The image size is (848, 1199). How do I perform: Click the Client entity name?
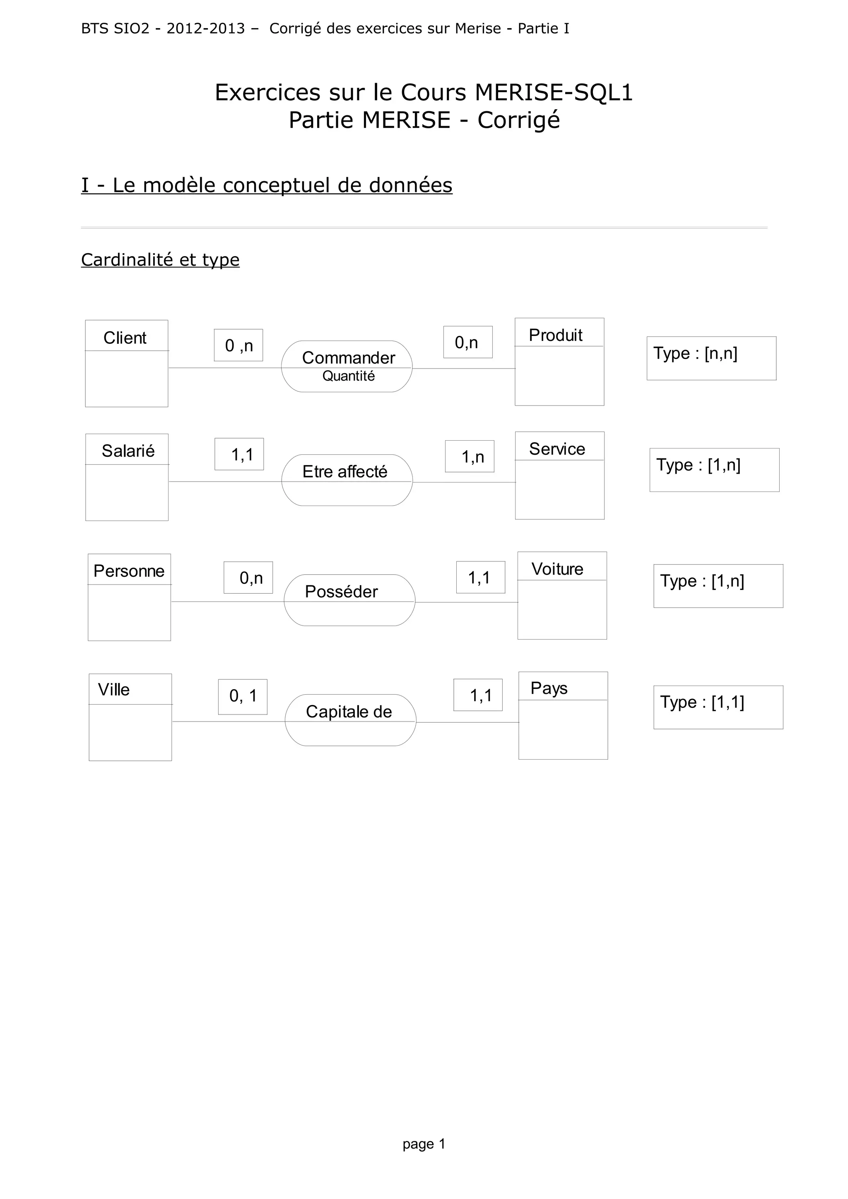click(125, 338)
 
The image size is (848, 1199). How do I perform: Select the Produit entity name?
click(555, 335)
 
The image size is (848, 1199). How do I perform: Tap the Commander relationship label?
click(349, 358)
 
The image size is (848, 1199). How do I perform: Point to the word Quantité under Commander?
click(349, 376)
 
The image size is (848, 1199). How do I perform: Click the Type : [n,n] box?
click(711, 358)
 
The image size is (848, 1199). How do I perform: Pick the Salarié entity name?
click(128, 451)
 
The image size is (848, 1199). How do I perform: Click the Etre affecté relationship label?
click(345, 472)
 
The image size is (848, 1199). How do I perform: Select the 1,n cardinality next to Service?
click(470, 457)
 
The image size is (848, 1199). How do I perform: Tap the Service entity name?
click(557, 449)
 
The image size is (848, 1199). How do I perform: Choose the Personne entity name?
click(128, 571)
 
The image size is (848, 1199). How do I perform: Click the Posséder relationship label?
click(341, 592)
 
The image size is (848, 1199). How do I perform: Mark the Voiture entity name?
click(557, 569)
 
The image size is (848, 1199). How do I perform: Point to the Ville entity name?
click(114, 689)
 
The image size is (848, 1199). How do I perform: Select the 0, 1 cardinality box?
click(243, 696)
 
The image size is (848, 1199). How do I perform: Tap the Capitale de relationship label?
click(349, 711)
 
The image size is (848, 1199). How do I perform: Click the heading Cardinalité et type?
click(160, 259)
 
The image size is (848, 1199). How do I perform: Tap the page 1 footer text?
click(424, 1144)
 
